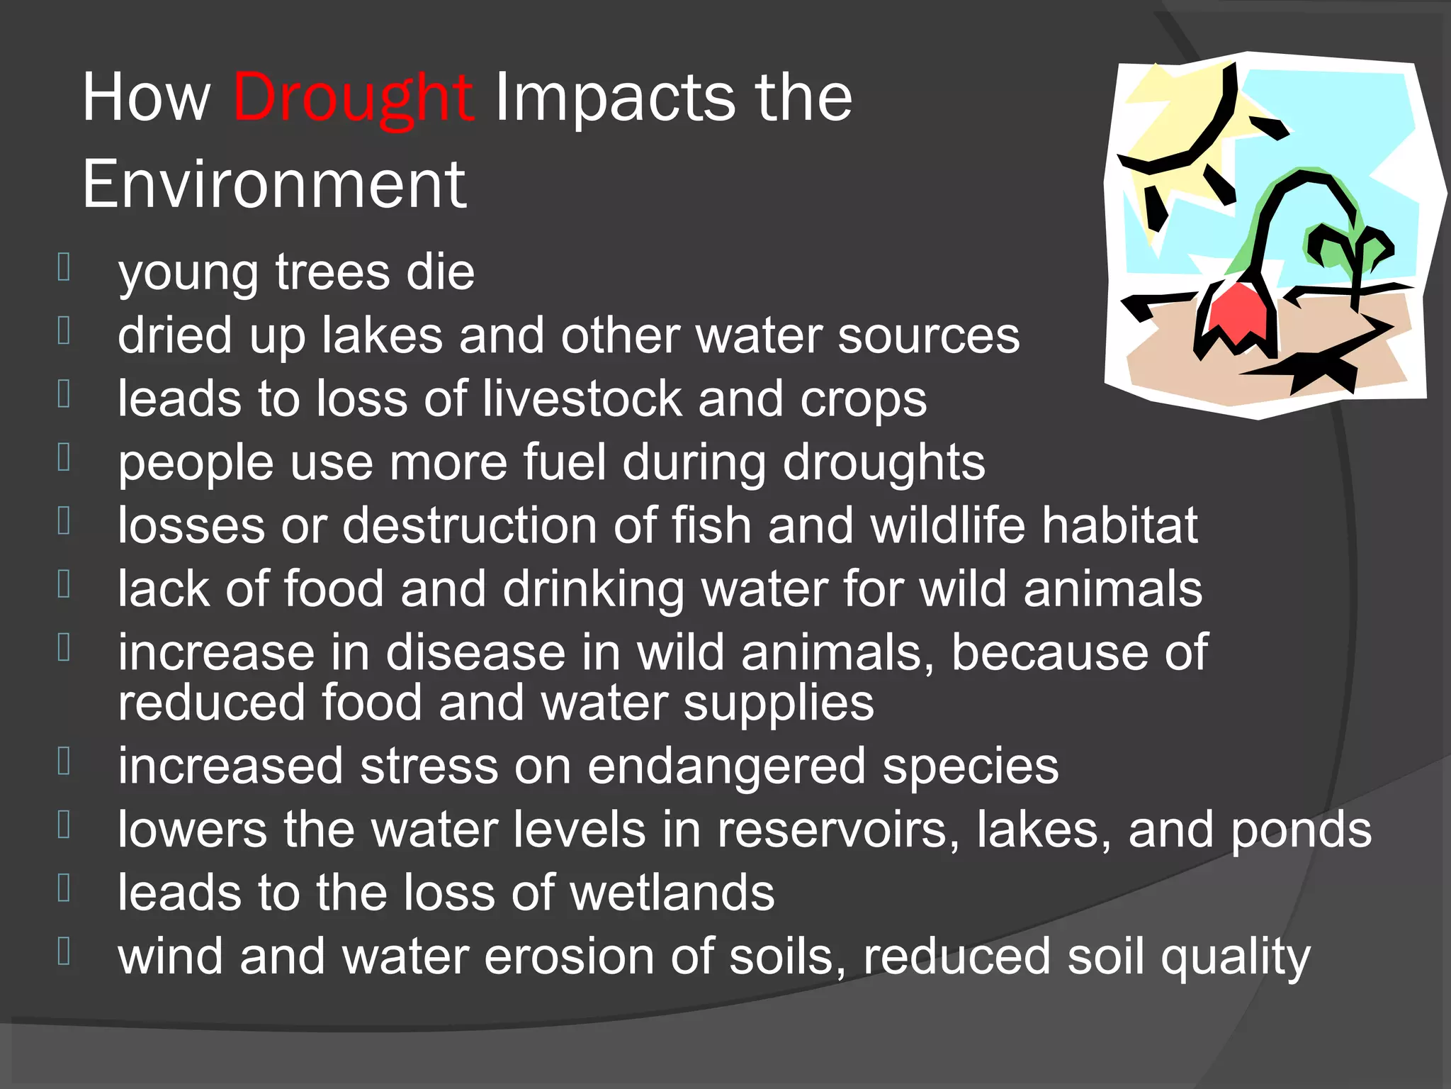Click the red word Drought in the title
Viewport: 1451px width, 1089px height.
pos(352,98)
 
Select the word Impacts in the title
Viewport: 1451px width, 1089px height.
pos(613,98)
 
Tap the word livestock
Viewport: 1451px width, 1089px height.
pos(580,398)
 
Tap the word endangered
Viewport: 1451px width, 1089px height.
pos(726,766)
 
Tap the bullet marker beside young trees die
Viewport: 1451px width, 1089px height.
pos(64,267)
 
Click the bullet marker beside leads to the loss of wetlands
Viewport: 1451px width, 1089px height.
pos(64,887)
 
